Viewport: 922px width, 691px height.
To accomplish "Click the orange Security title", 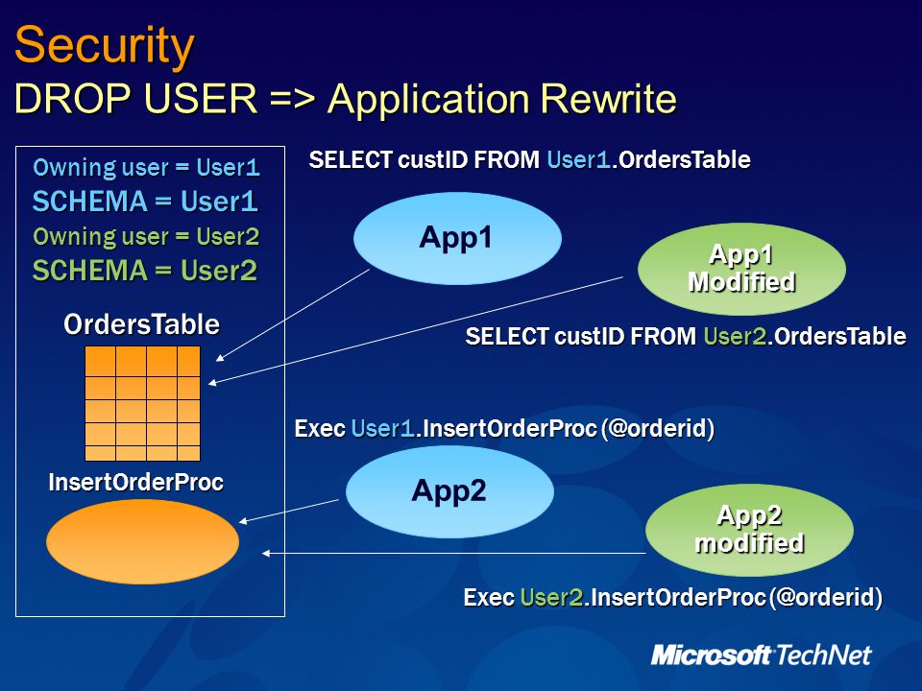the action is coord(104,46).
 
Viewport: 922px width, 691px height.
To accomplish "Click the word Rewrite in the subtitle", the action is coord(608,98).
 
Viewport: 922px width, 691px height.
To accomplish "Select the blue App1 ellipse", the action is coord(457,238).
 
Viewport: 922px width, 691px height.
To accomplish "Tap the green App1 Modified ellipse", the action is coord(741,269).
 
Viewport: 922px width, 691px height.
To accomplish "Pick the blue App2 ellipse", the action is coord(449,491).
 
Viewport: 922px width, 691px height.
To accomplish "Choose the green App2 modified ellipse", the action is coord(749,530).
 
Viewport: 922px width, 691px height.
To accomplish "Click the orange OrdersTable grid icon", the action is coord(143,403).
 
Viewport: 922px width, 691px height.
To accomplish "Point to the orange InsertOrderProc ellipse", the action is coord(143,541).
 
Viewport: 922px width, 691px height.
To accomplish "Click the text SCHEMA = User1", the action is coord(145,202).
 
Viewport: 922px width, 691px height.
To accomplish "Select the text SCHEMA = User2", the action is coord(145,271).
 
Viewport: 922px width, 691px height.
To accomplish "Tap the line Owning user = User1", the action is coord(146,167).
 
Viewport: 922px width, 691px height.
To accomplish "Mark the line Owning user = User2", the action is coord(146,237).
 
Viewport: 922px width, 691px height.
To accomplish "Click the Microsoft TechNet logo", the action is coord(761,655).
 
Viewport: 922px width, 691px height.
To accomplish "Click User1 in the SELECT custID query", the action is coord(578,160).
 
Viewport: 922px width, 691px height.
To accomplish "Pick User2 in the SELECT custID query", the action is coord(735,336).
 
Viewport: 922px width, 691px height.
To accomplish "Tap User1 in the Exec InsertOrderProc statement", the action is coord(383,428).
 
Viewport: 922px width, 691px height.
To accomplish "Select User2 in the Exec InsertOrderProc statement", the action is coord(551,598).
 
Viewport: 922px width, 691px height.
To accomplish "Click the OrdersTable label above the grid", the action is coord(142,324).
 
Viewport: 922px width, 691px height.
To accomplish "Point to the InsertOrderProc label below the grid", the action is coord(135,482).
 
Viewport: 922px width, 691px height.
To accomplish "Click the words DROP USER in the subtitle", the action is coord(135,98).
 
